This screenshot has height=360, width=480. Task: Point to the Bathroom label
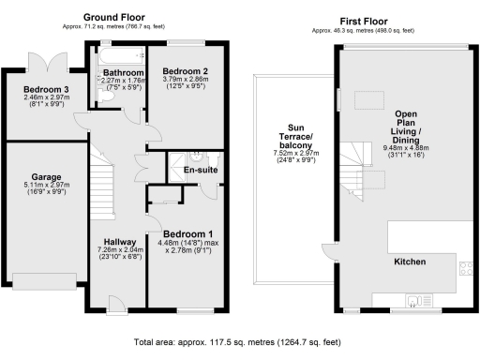point(123,73)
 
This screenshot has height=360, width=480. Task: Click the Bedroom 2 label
point(185,71)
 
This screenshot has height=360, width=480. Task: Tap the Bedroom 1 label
point(187,234)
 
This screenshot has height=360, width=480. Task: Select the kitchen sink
point(412,300)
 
